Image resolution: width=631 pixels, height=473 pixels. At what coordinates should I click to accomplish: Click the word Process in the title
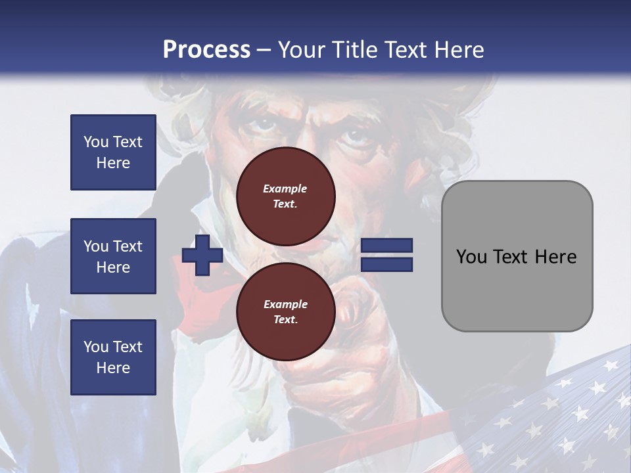coord(206,50)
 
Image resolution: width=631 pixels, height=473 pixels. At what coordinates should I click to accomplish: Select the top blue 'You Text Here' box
coord(113,152)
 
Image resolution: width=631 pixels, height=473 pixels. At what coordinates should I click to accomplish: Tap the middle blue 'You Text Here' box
coord(113,256)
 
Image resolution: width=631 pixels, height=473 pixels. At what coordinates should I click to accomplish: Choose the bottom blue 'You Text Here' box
coord(113,357)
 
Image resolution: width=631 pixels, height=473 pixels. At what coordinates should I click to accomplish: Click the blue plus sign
coord(202,256)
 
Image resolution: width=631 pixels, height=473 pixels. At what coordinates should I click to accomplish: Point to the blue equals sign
coord(386,256)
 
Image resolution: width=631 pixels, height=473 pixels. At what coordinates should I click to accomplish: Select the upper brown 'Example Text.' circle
coord(285,196)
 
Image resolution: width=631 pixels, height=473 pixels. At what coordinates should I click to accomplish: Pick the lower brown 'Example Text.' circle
coord(285,312)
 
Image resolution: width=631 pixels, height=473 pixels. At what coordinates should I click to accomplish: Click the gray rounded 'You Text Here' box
coord(517,256)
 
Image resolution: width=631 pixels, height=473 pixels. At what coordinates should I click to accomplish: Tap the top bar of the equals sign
coord(386,246)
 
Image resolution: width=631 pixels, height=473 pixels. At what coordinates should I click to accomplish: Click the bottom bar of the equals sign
coord(386,265)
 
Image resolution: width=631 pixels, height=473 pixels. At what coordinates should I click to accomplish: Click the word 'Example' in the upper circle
coord(285,189)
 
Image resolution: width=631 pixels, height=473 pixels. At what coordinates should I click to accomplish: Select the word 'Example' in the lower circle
coord(285,304)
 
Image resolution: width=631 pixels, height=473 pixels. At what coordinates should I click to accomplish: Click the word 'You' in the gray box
coord(471,257)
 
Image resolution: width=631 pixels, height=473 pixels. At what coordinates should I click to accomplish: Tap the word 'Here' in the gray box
coord(555,257)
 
